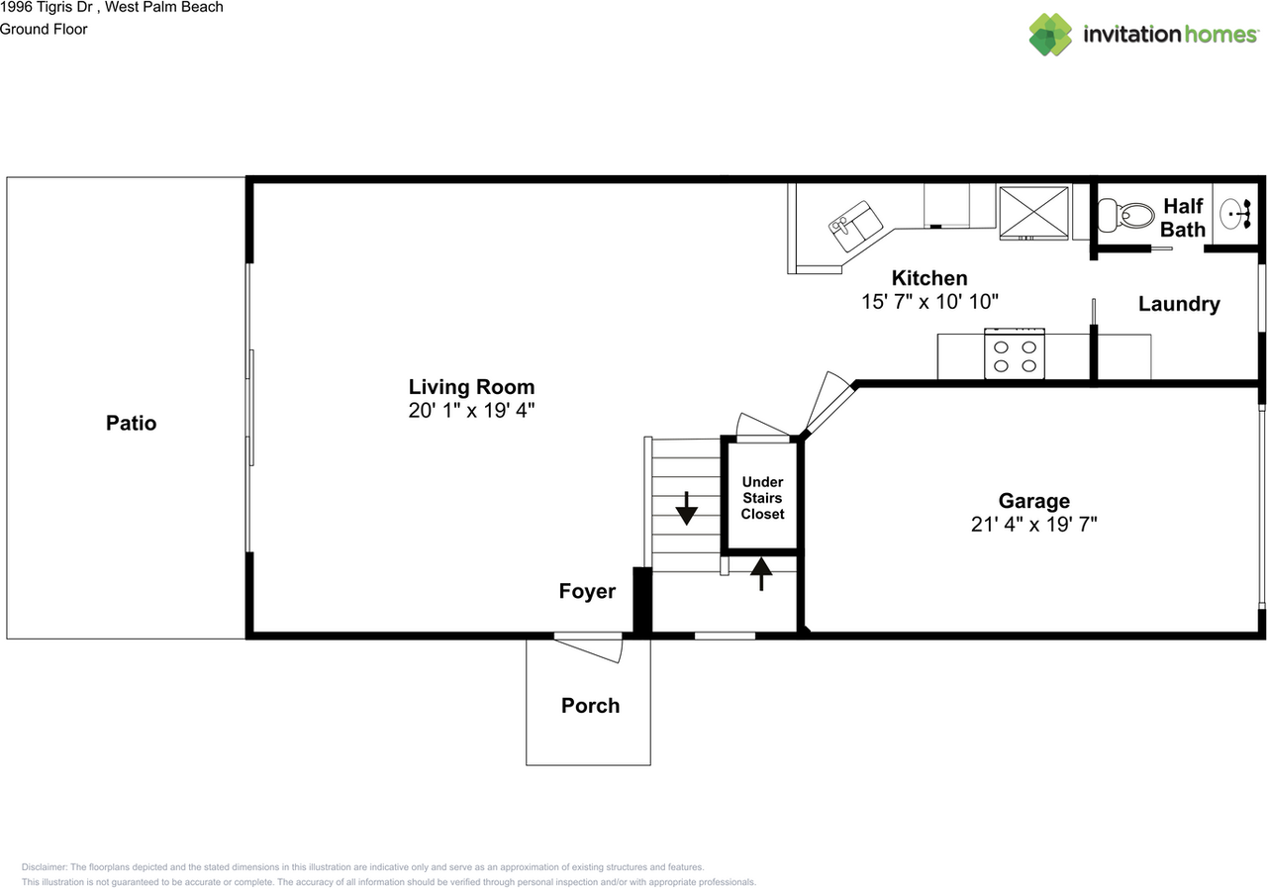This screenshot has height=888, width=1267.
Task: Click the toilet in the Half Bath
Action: (1125, 215)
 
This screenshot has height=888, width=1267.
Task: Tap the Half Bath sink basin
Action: (1235, 215)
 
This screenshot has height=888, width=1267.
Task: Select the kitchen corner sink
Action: (855, 226)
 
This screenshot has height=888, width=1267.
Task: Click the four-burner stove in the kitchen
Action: (1015, 354)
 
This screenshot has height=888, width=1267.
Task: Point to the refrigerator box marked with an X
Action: (1034, 213)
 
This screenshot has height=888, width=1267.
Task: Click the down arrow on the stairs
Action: (686, 508)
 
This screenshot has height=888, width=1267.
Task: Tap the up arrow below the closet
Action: (761, 574)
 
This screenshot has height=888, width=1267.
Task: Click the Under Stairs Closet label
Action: (762, 498)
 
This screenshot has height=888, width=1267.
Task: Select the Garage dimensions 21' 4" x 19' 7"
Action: (1034, 525)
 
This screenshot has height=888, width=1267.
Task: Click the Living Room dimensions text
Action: (471, 410)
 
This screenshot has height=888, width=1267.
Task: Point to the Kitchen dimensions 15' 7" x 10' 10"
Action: (929, 302)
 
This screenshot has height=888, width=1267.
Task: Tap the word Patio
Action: (132, 423)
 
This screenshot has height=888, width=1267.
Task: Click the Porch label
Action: (591, 705)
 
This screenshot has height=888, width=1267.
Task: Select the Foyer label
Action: (587, 591)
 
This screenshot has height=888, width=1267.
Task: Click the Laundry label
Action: (1179, 304)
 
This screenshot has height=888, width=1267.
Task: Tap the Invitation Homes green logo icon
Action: (1050, 35)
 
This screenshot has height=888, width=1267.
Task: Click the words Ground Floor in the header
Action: (44, 30)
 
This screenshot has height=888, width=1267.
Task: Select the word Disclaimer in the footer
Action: (44, 867)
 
